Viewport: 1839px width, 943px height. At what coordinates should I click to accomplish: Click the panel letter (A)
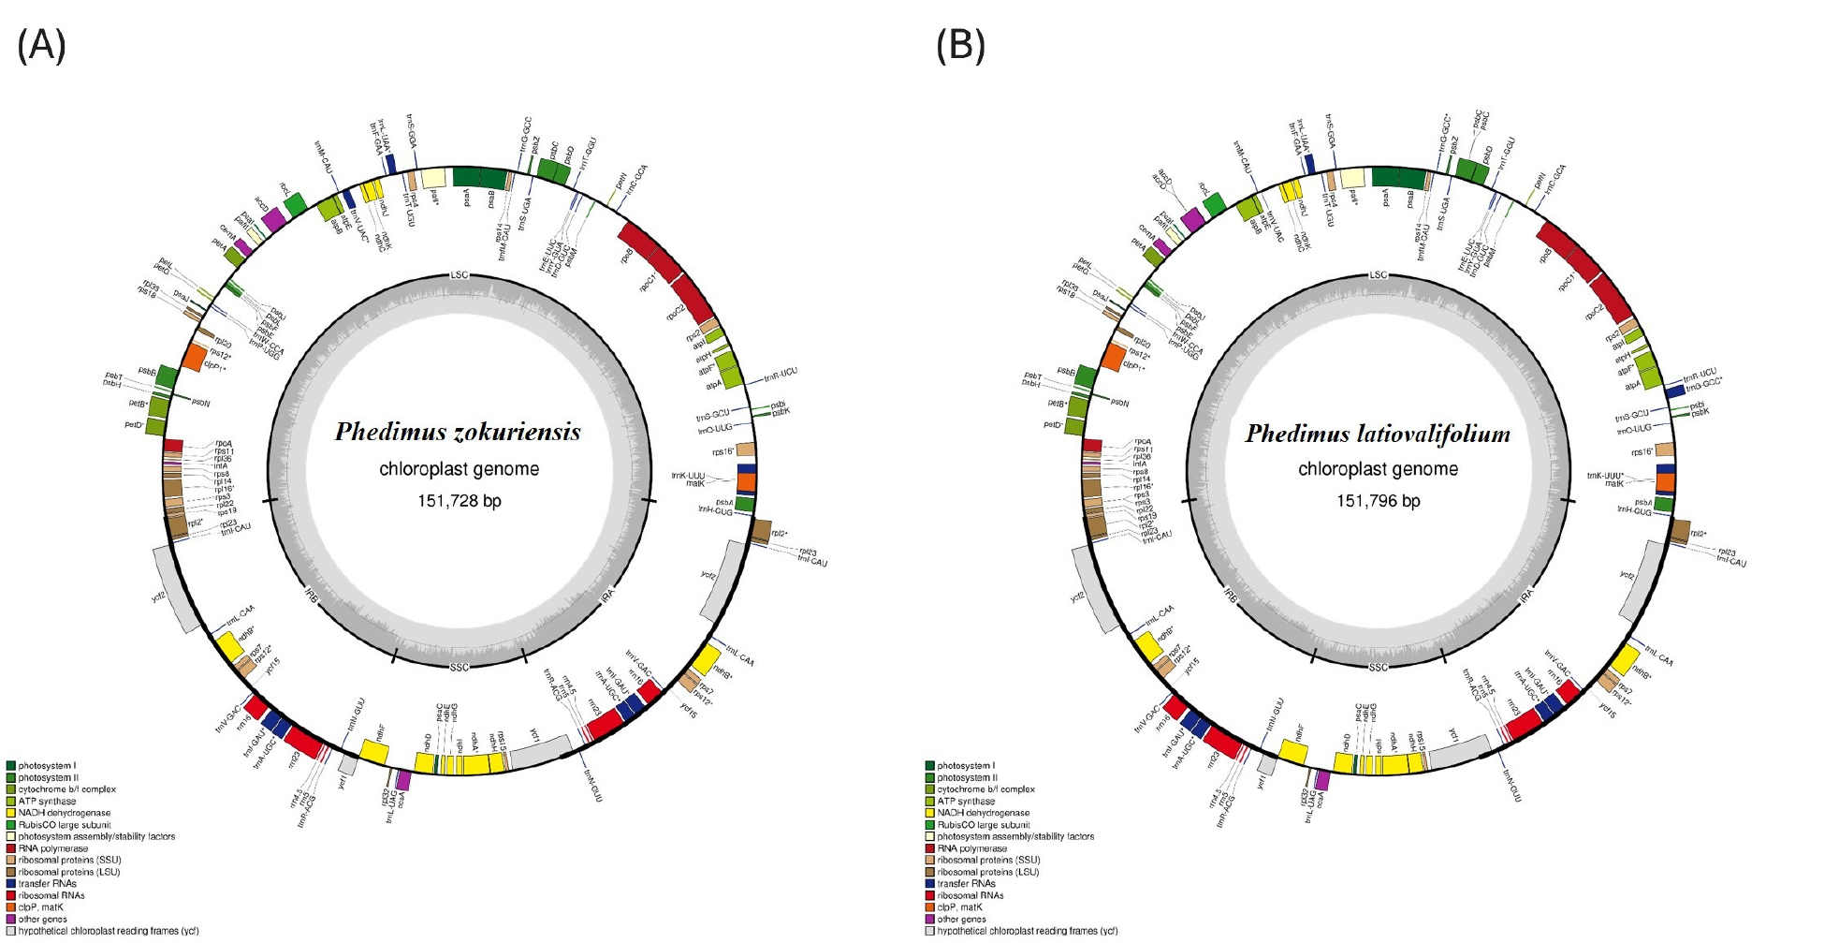[x=41, y=45]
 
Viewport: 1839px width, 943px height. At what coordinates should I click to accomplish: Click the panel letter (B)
[x=960, y=45]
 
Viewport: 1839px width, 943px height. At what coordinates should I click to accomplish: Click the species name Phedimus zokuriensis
[x=458, y=432]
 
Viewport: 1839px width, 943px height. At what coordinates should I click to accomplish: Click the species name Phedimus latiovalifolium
[x=1378, y=434]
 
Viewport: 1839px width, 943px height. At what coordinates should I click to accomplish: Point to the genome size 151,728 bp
[x=459, y=501]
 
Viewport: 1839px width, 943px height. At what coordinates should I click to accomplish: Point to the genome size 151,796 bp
[x=1378, y=501]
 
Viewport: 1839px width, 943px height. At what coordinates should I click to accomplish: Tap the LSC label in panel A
[x=459, y=275]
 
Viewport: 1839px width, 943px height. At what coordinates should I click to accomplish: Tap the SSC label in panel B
[x=1378, y=667]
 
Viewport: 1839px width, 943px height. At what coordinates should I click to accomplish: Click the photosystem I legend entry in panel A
[x=47, y=766]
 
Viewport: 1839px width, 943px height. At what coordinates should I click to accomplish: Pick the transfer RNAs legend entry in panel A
[x=47, y=884]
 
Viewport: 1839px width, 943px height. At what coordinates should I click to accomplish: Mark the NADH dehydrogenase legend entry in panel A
[x=64, y=813]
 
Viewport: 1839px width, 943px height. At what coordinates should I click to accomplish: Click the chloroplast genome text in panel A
[x=459, y=469]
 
